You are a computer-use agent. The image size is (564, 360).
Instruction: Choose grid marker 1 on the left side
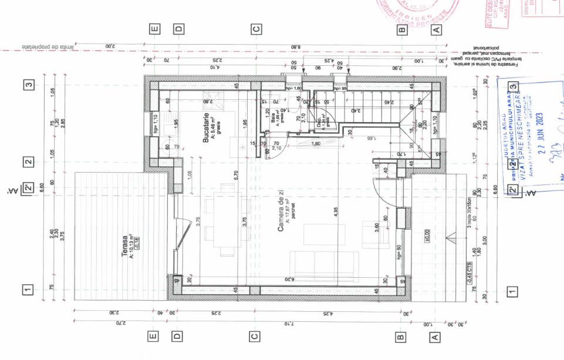click(x=26, y=289)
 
